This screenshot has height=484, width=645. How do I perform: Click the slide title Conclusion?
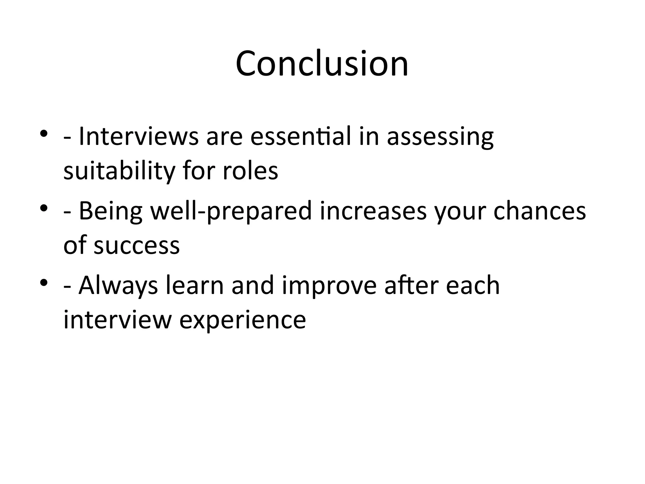(322, 64)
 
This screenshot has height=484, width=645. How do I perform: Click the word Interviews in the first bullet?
(139, 137)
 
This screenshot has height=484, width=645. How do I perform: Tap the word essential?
(300, 137)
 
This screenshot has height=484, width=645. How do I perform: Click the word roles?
(250, 171)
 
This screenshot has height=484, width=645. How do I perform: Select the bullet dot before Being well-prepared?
(43, 208)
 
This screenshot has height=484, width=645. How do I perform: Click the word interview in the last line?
(117, 320)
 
